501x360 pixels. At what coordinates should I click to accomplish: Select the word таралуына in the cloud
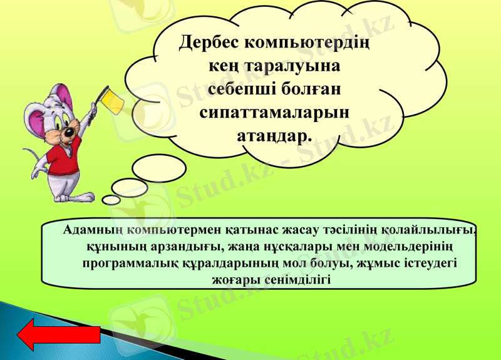(294, 66)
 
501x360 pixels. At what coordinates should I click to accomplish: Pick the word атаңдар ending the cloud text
(274, 135)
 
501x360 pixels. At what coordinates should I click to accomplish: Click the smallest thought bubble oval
(111, 200)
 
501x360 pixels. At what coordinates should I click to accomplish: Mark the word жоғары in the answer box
(236, 279)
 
